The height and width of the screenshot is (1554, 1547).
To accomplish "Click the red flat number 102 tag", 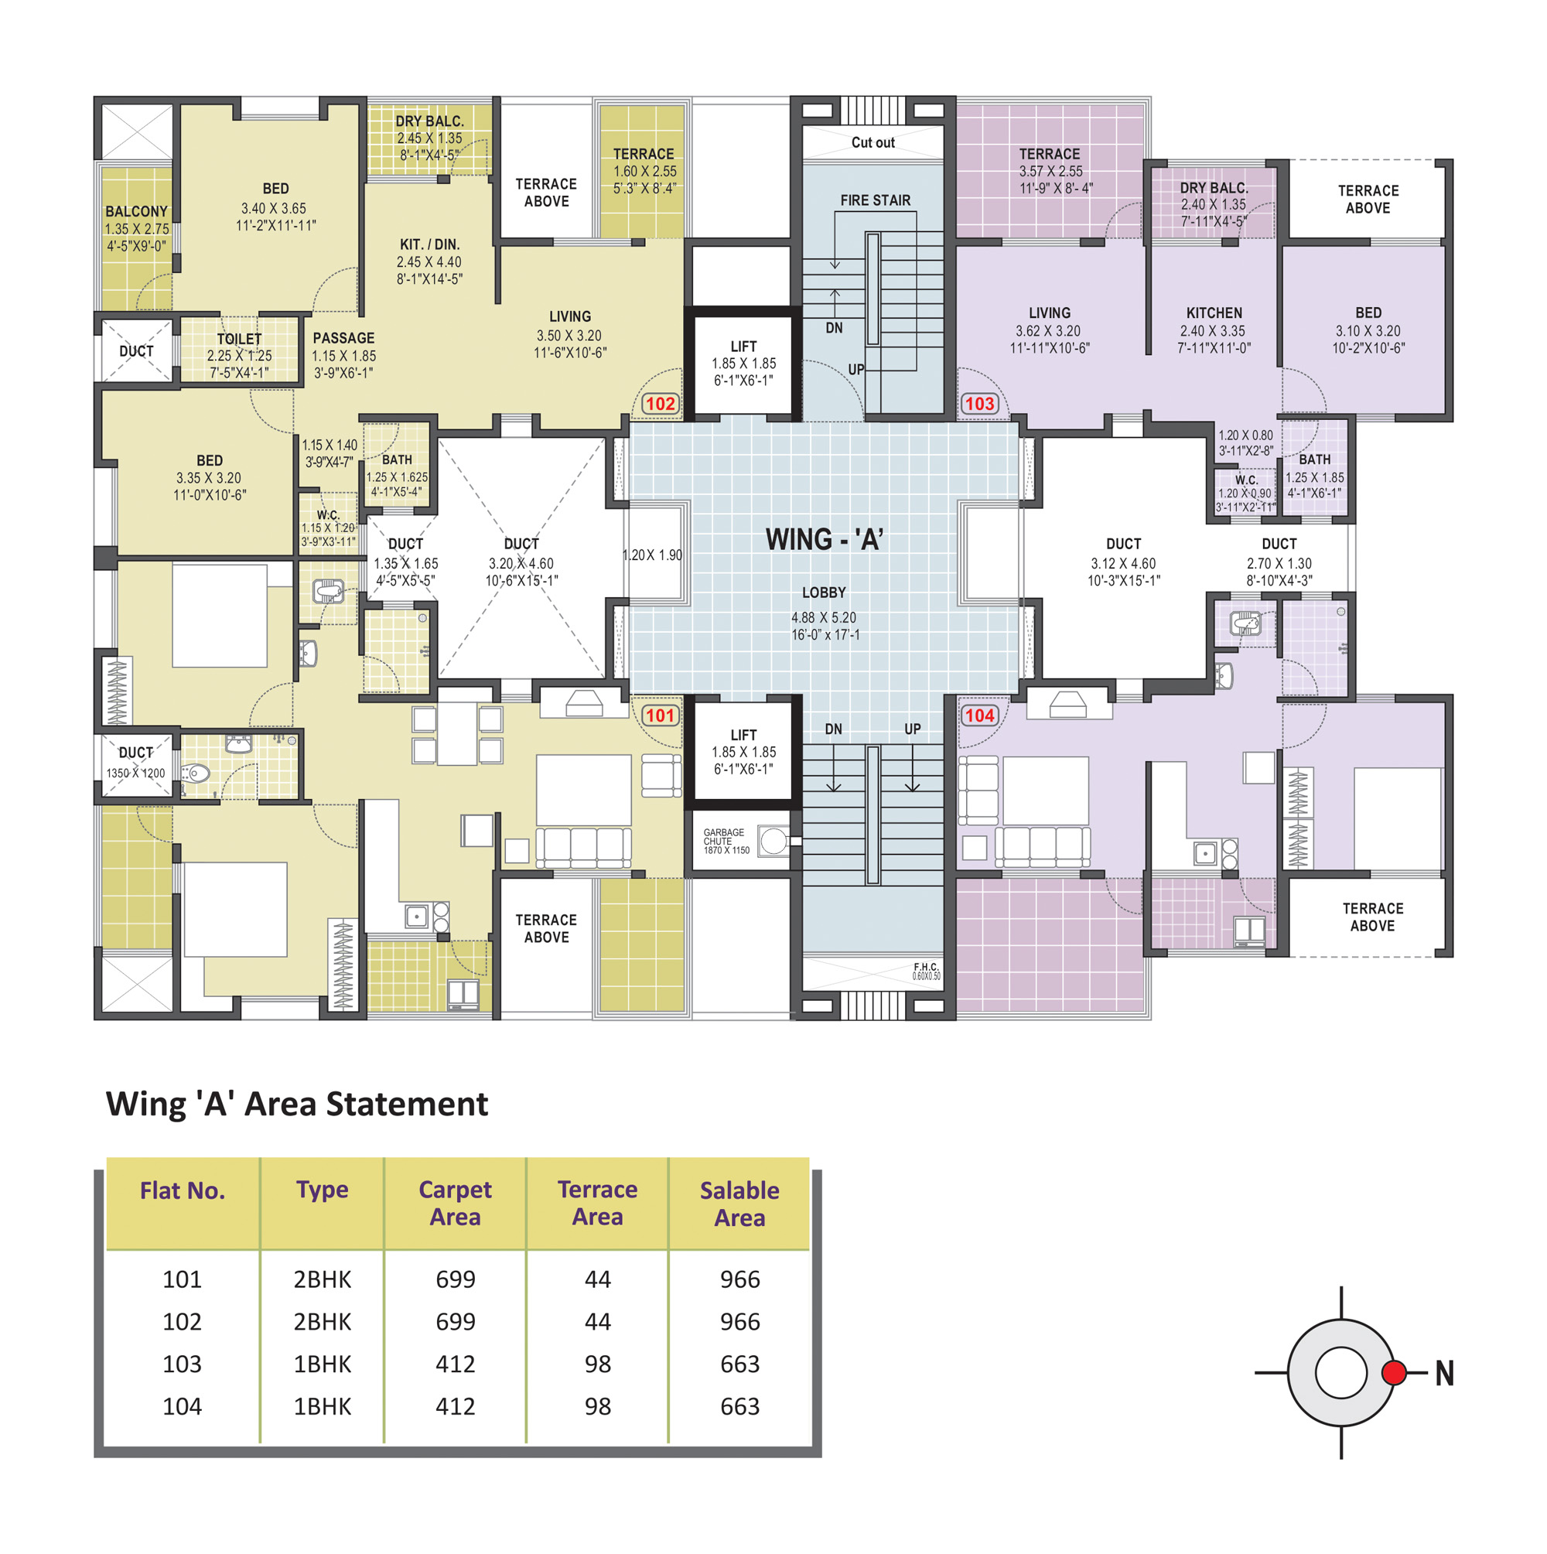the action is (x=660, y=404).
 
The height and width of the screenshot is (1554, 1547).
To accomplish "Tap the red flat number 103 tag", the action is (x=979, y=404).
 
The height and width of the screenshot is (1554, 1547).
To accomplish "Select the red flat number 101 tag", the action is (x=660, y=715).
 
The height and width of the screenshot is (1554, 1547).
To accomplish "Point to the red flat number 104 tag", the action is (x=979, y=715).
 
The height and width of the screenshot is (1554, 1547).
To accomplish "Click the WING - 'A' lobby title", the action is (x=824, y=539).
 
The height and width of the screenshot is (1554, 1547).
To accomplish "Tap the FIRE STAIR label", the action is (x=876, y=200).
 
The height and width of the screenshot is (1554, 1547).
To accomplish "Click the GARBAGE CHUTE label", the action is (x=723, y=837).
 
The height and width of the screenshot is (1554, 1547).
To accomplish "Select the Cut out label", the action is (x=873, y=142).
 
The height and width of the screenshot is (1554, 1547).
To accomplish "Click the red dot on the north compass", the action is (x=1393, y=1372).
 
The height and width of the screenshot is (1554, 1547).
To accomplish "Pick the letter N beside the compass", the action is (x=1444, y=1373).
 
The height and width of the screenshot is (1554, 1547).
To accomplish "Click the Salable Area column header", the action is (x=739, y=1204).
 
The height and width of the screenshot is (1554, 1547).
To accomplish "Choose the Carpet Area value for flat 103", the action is (x=456, y=1364).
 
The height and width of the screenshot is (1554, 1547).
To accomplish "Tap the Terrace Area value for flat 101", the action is (x=598, y=1279).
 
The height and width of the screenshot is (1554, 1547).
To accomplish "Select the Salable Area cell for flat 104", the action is (x=739, y=1406).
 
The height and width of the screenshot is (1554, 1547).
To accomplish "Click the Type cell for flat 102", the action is (x=322, y=1321).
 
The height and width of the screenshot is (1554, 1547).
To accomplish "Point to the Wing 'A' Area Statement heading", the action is (x=297, y=1104).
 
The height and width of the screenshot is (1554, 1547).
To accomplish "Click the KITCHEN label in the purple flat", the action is (x=1214, y=313).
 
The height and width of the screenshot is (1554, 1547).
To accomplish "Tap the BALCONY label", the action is (x=136, y=211).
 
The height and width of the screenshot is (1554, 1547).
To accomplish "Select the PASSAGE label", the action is (x=343, y=338).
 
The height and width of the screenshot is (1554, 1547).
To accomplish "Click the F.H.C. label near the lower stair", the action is (x=926, y=967).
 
